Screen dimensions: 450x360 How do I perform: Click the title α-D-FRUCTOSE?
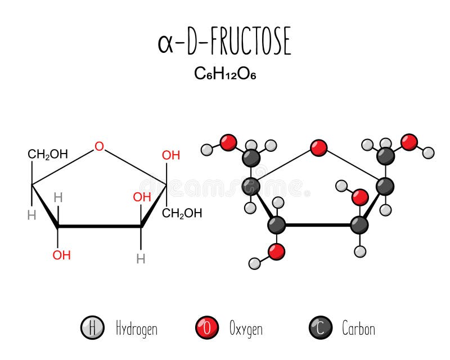tap(224, 43)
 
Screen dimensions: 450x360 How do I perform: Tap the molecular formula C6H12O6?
tap(224, 74)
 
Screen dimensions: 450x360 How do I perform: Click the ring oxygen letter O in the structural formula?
tap(99, 147)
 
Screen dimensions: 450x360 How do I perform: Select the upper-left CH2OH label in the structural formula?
tap(48, 154)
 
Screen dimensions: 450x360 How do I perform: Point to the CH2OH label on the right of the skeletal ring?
tap(182, 213)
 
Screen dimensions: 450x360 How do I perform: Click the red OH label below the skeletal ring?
tap(62, 255)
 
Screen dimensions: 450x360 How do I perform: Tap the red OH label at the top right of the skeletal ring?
tap(171, 155)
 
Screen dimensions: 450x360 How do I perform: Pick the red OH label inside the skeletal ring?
tap(142, 197)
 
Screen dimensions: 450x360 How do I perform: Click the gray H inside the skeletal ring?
tap(57, 197)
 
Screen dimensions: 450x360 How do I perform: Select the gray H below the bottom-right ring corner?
tap(141, 258)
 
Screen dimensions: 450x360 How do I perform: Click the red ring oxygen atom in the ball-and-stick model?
tap(318, 148)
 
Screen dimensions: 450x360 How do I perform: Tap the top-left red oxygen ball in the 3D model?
tap(228, 142)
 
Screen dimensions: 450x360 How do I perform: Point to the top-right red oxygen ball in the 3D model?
tap(410, 142)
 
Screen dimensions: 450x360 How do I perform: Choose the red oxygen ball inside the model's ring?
tap(360, 196)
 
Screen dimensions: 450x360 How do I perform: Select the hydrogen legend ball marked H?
tap(92, 328)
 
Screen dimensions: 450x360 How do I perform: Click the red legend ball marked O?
tap(206, 328)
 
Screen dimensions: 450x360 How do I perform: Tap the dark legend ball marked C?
tap(321, 328)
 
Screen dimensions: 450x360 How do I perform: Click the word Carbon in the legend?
tap(358, 328)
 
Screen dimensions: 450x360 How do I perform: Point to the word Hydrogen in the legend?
tap(136, 328)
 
